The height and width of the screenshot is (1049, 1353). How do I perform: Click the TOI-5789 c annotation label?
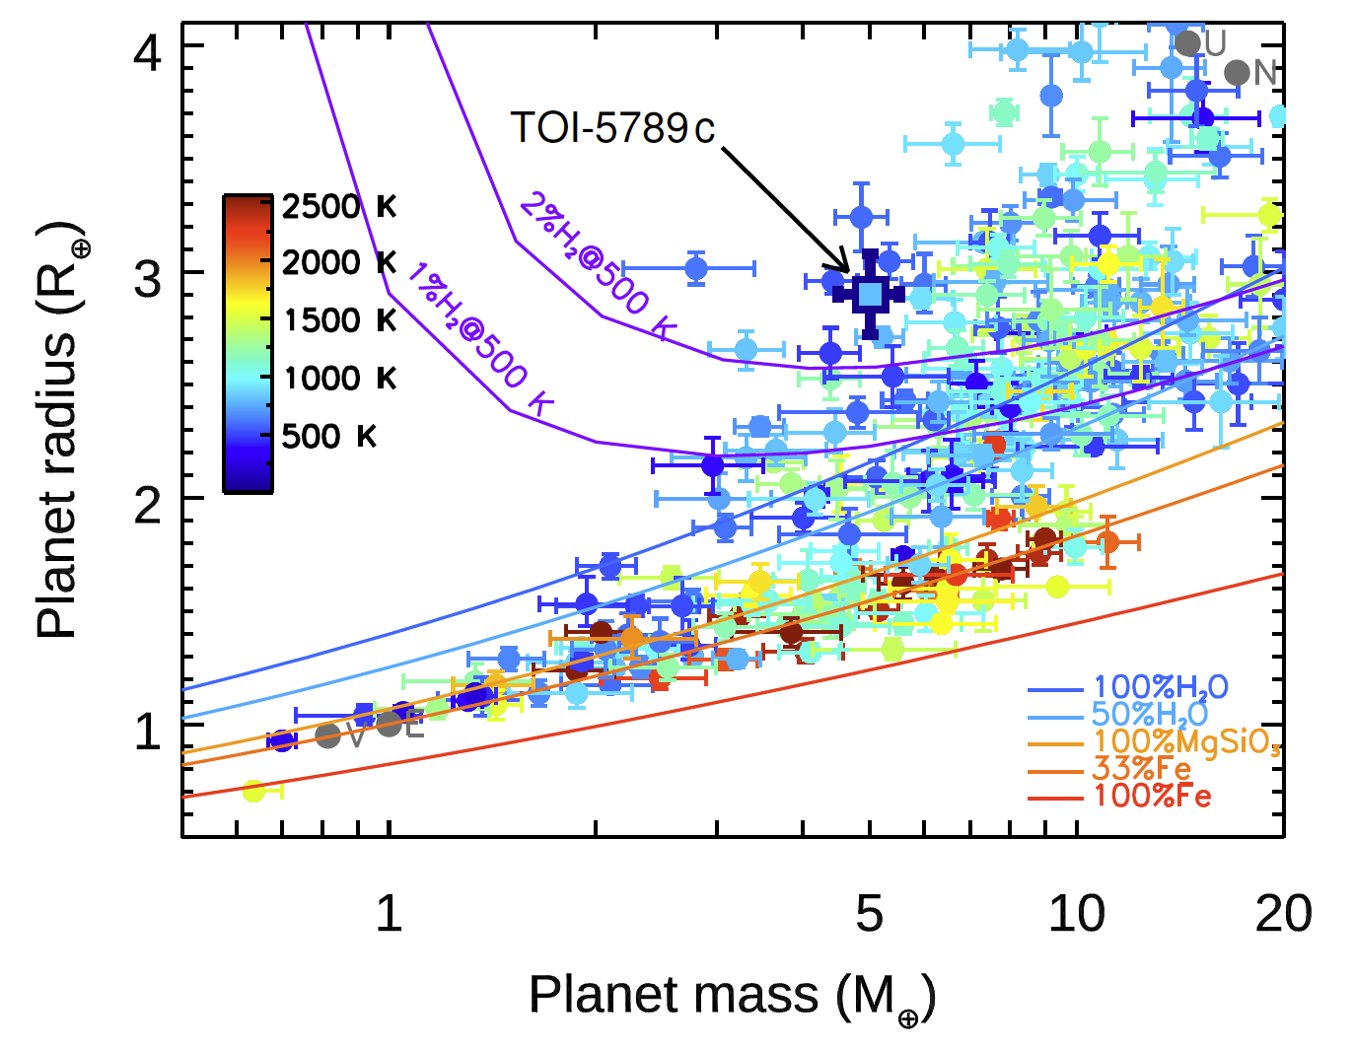[x=612, y=128]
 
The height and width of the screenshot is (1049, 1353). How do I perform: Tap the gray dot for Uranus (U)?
[x=1187, y=43]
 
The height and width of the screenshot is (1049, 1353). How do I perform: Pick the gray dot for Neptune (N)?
[x=1237, y=72]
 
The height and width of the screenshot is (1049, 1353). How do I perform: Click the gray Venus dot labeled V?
[x=328, y=734]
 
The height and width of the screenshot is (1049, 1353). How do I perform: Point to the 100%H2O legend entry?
[x=1160, y=687]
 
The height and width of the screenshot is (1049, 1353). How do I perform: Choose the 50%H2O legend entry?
[x=1149, y=714]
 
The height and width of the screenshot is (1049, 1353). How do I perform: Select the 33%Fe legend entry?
[x=1142, y=768]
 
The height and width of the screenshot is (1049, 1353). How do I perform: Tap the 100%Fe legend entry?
[x=1152, y=795]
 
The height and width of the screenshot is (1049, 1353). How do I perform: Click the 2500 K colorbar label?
[x=338, y=207]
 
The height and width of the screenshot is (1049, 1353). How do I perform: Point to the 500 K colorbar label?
[x=329, y=436]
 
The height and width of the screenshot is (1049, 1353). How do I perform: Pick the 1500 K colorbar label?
[x=338, y=320]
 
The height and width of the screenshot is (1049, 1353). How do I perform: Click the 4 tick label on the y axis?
[x=148, y=51]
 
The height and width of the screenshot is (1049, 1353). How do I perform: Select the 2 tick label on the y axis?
[x=148, y=506]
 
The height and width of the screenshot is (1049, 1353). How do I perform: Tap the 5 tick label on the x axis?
[x=869, y=915]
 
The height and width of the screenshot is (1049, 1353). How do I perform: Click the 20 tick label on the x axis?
[x=1282, y=915]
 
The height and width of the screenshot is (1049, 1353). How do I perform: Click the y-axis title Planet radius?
[x=59, y=429]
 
